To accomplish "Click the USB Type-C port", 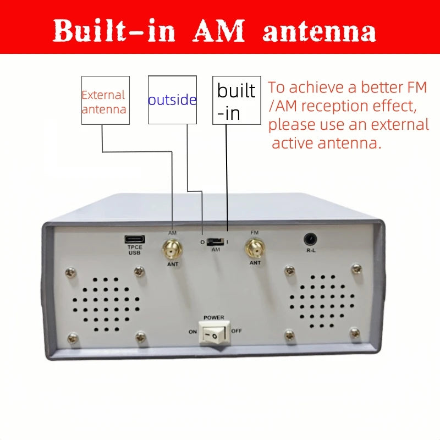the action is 135,239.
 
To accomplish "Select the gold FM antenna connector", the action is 255,248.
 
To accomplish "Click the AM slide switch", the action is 215,241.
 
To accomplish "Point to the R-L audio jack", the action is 310,240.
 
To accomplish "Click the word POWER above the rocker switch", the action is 214,318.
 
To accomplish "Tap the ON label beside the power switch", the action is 193,332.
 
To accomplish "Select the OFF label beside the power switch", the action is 237,331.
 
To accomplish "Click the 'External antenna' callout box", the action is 106,100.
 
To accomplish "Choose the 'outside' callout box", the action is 172,100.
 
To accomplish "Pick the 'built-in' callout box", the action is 237,100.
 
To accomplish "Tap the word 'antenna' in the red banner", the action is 319,32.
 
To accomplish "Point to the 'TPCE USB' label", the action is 135,250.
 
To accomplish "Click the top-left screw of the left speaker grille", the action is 71,272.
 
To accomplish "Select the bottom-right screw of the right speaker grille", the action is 355,333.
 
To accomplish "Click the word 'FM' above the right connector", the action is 255,233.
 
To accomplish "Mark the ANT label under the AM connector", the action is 173,265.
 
